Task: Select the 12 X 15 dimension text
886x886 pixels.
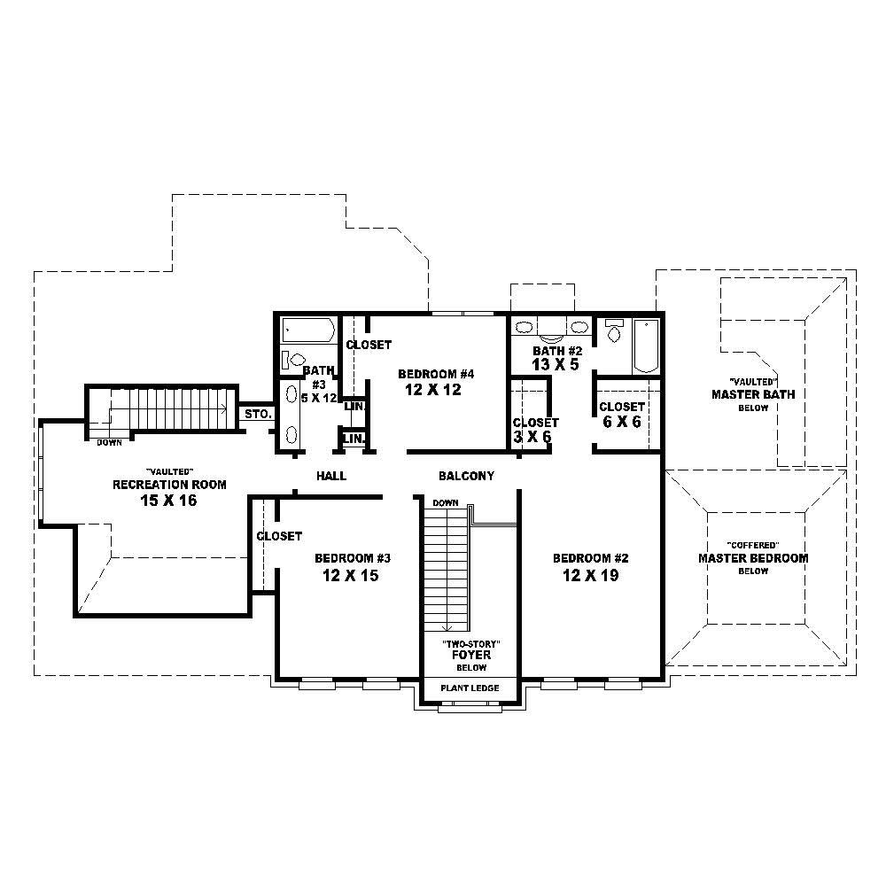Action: (353, 575)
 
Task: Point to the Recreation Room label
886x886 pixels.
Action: (168, 485)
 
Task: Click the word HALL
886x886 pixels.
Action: (331, 477)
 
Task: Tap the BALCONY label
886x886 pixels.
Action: (466, 477)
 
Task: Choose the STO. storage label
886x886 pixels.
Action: (258, 414)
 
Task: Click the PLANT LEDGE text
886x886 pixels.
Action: (470, 688)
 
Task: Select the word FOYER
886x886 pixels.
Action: (466, 655)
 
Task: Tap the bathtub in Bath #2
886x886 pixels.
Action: (645, 346)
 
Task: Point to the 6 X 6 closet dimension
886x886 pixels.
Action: (620, 422)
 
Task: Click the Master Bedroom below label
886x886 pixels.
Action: (753, 558)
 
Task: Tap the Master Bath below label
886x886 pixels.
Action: (753, 394)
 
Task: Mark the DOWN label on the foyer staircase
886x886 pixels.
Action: (445, 503)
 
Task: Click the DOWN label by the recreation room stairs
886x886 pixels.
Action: (110, 442)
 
